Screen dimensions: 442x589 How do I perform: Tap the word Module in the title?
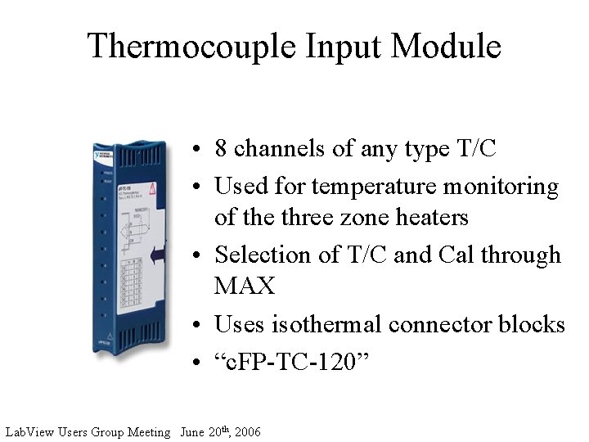pos(447,46)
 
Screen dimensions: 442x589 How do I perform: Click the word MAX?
pos(245,286)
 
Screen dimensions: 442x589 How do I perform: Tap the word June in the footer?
pos(192,431)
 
